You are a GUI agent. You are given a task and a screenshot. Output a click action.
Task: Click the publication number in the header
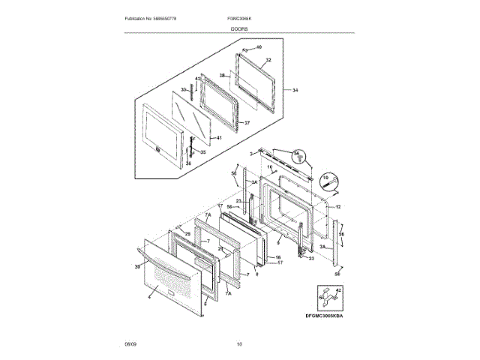click(x=154, y=17)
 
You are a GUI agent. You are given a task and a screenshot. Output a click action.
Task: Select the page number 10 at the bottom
click(x=239, y=344)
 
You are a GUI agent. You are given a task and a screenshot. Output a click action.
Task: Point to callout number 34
click(x=295, y=91)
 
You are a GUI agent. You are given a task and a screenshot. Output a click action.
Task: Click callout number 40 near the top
click(x=259, y=47)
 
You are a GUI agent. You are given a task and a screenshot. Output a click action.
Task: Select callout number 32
click(x=268, y=59)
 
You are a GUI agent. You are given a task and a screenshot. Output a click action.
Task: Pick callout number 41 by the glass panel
click(x=218, y=138)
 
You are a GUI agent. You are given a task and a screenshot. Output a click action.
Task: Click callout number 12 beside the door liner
click(x=338, y=206)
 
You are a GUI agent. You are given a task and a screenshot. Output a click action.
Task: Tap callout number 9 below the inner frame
click(x=277, y=243)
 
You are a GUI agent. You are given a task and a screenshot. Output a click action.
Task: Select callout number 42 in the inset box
click(x=338, y=289)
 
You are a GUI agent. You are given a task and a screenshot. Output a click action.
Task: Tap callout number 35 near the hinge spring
click(x=201, y=151)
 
